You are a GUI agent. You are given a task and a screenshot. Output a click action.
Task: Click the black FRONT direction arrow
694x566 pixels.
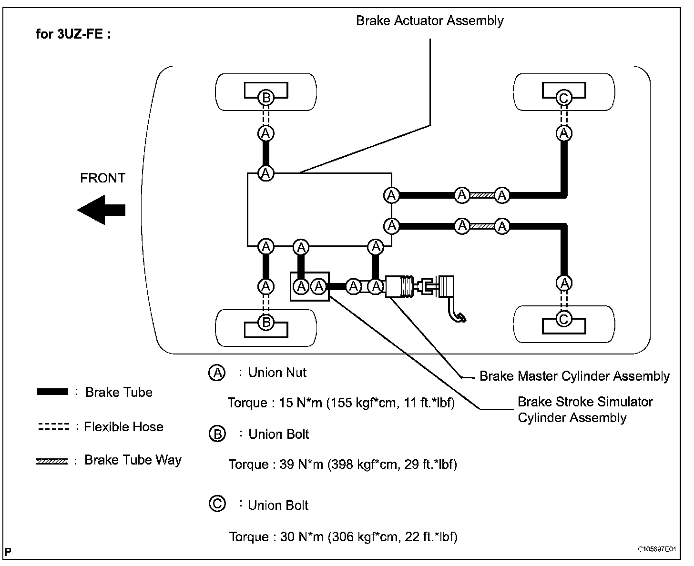click(102, 210)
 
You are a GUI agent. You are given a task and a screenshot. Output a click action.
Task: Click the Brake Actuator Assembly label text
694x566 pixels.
click(430, 20)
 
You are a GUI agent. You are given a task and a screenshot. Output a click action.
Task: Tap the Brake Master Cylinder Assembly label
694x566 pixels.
click(574, 376)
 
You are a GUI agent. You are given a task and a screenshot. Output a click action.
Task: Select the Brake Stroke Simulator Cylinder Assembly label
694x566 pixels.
click(585, 409)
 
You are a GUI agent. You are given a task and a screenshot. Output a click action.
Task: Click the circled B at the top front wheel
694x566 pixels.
click(266, 98)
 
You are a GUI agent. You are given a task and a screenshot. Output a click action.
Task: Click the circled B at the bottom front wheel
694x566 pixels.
click(266, 322)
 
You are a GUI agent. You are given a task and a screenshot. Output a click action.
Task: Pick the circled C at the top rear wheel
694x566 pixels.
click(564, 98)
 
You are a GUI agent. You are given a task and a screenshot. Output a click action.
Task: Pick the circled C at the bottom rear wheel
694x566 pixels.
click(564, 319)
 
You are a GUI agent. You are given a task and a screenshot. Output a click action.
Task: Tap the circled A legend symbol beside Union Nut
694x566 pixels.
click(217, 373)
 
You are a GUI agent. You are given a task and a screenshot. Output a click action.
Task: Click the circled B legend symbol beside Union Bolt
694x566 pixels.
click(217, 434)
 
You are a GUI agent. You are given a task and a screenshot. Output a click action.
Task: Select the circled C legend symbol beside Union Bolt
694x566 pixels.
click(217, 504)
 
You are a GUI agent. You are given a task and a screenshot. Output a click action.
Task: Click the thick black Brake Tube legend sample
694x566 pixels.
click(52, 392)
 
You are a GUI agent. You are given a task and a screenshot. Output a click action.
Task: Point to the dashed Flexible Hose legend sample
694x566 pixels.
click(54, 426)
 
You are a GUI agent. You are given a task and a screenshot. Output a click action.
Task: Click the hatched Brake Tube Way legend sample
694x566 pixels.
click(51, 461)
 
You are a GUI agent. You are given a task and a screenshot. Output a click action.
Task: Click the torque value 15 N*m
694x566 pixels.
click(300, 403)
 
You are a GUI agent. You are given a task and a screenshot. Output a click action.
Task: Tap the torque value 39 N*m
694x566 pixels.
click(301, 464)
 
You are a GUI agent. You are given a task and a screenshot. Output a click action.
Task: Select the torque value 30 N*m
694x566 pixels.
click(302, 536)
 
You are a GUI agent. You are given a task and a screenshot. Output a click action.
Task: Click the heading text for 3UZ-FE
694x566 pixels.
click(73, 34)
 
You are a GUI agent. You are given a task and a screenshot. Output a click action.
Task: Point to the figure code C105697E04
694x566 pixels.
click(657, 549)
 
